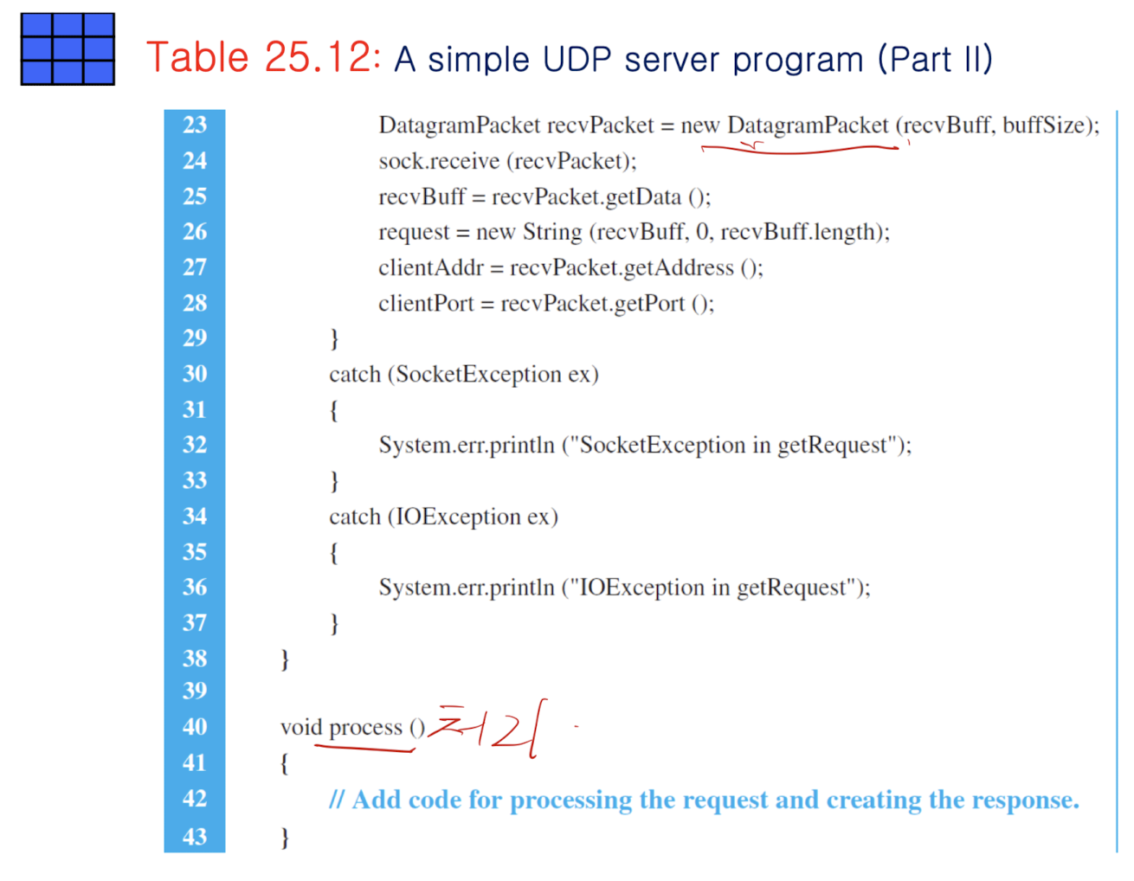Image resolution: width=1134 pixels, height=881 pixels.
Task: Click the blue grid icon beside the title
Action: [x=68, y=49]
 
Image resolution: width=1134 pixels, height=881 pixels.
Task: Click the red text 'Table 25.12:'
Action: [x=263, y=58]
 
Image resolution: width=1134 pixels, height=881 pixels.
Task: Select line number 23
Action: [x=195, y=125]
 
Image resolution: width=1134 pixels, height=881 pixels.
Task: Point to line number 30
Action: [x=195, y=374]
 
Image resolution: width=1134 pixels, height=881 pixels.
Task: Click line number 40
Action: [x=195, y=727]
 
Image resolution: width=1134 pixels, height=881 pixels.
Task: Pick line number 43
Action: [x=195, y=837]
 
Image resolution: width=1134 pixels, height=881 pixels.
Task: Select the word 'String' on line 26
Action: [x=552, y=232]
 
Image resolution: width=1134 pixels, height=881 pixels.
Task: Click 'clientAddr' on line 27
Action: [x=430, y=267]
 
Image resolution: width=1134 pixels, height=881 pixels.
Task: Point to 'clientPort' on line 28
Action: [x=426, y=304]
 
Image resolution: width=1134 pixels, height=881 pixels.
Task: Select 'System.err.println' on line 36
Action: [x=466, y=588]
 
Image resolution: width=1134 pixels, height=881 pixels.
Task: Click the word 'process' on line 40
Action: [x=365, y=728]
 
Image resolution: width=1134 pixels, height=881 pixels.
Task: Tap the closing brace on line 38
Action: [x=285, y=659]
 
